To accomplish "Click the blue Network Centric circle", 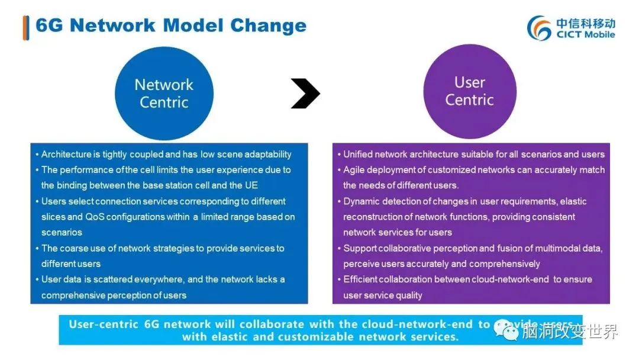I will pyautogui.click(x=164, y=94).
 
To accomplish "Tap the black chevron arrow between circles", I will pyautogui.click(x=305, y=94).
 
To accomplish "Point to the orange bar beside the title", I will pyautogui.click(x=25, y=27).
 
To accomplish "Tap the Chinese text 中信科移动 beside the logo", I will pyautogui.click(x=586, y=22).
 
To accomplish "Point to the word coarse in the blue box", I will pyautogui.click(x=74, y=248).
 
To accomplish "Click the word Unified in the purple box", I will pyautogui.click(x=359, y=154).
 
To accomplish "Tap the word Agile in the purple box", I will pyautogui.click(x=354, y=170).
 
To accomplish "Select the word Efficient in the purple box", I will pyautogui.click(x=362, y=279).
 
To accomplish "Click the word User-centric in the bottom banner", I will pyautogui.click(x=104, y=324).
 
